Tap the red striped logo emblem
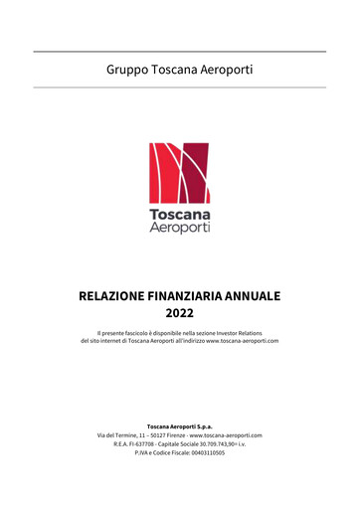click(179, 173)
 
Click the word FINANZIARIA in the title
click(199, 296)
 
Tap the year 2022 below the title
click(179, 316)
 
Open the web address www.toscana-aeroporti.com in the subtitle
click(242, 342)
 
